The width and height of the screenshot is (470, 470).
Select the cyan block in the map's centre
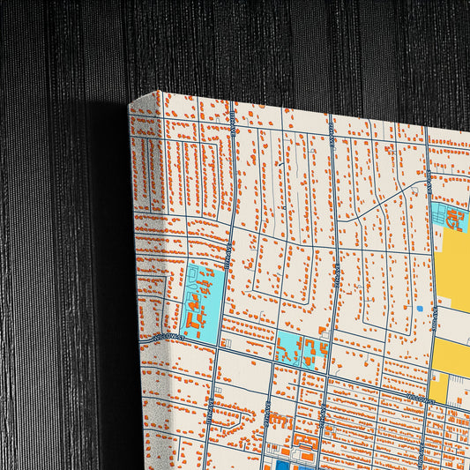[299, 350]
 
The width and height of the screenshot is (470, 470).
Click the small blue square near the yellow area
[419, 310]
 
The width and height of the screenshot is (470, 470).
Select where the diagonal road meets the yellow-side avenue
[429, 181]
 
